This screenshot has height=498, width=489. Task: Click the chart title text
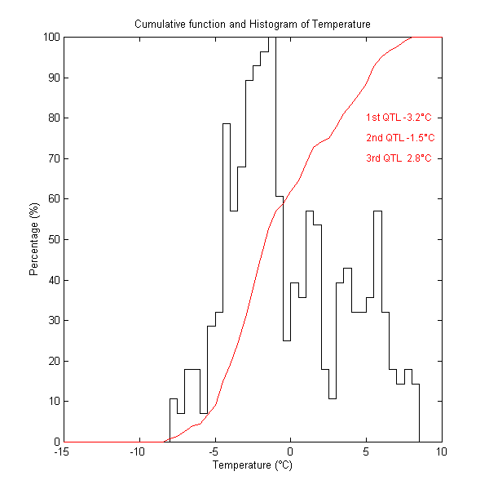tap(253, 24)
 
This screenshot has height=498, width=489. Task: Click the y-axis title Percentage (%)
tap(34, 239)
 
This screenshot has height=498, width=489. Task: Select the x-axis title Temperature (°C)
tap(252, 466)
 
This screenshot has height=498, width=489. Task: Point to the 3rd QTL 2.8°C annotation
tap(399, 158)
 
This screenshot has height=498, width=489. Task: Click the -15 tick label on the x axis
tap(61, 451)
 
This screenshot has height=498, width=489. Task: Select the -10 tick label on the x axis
tap(137, 451)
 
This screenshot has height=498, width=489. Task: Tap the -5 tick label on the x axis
tap(214, 451)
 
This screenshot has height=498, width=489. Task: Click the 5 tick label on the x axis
tap(366, 451)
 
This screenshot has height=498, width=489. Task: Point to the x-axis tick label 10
tap(442, 451)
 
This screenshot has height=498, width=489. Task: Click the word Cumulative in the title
tap(161, 24)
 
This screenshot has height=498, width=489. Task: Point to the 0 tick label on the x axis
tap(290, 451)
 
